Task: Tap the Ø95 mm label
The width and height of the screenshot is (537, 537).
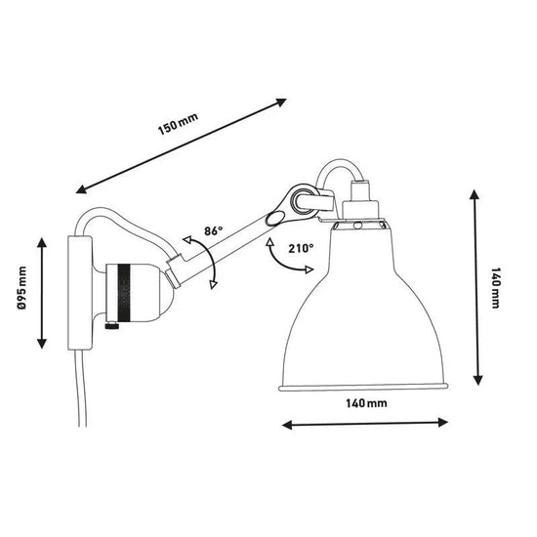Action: click(21, 292)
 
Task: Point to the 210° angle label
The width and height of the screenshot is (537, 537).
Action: click(301, 248)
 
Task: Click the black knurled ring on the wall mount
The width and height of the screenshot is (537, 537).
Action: click(124, 292)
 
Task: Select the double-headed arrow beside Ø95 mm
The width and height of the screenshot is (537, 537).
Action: click(42, 292)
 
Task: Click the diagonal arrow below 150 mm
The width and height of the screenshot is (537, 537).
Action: click(182, 145)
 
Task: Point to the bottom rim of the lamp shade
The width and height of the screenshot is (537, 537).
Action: click(362, 390)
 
